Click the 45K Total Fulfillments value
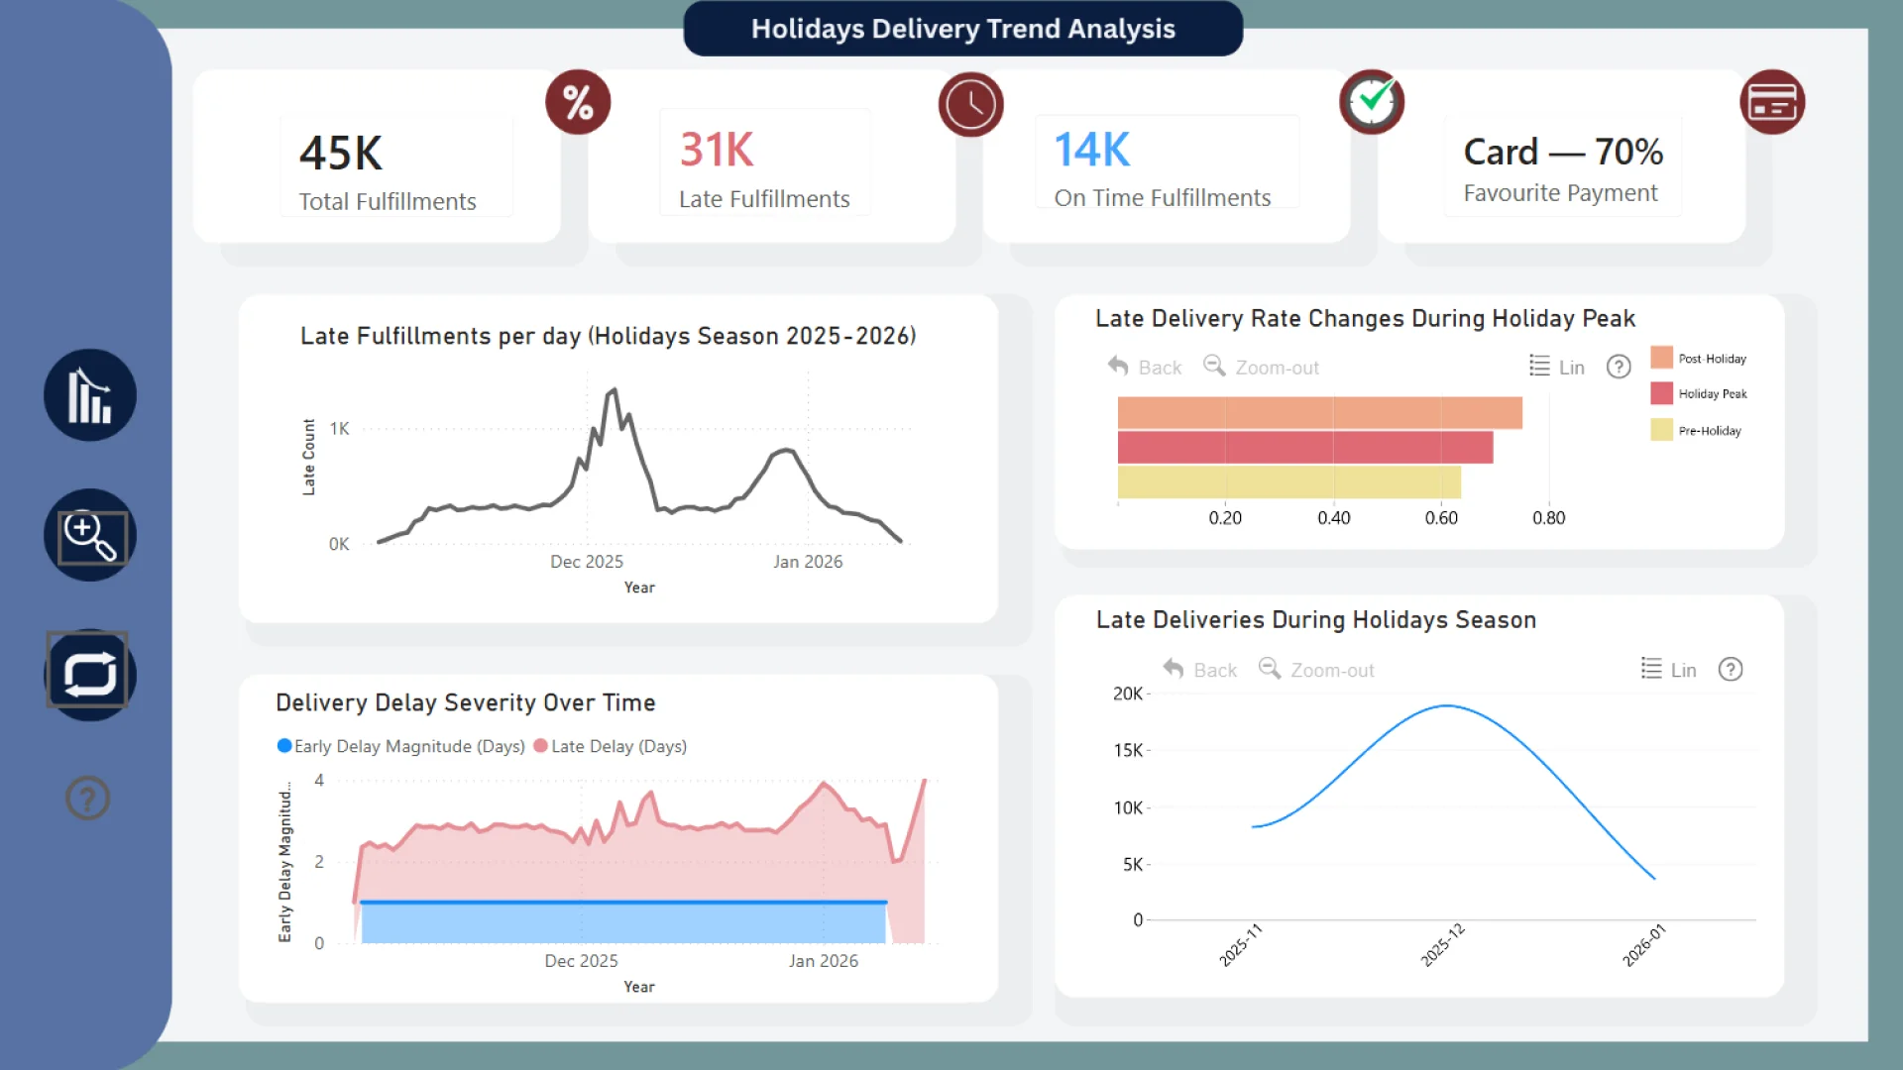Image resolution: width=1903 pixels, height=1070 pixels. click(x=341, y=154)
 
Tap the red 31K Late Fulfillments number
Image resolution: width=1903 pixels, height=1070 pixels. click(x=717, y=151)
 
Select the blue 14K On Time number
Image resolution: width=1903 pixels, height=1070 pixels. click(x=1091, y=151)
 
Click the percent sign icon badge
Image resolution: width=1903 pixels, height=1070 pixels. click(x=578, y=103)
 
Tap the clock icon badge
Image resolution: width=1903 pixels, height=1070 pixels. click(x=970, y=104)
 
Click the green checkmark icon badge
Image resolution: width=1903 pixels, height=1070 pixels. click(x=1372, y=102)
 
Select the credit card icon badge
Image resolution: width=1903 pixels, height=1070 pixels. click(x=1772, y=102)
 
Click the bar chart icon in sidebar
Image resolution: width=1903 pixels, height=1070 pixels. click(x=89, y=395)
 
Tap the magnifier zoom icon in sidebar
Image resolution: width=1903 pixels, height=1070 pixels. click(x=90, y=536)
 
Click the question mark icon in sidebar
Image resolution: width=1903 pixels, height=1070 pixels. click(x=88, y=798)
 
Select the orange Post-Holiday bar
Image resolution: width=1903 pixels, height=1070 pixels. click(x=1318, y=413)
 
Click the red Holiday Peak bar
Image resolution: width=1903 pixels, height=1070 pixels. click(x=1304, y=448)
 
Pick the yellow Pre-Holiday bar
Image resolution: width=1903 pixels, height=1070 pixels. click(x=1288, y=482)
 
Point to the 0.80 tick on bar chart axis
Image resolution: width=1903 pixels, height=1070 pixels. click(x=1548, y=518)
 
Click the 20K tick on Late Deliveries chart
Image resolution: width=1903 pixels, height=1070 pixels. click(x=1127, y=694)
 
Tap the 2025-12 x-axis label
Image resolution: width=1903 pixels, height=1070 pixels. click(x=1443, y=945)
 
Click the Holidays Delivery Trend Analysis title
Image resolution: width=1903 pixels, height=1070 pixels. click(x=962, y=29)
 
